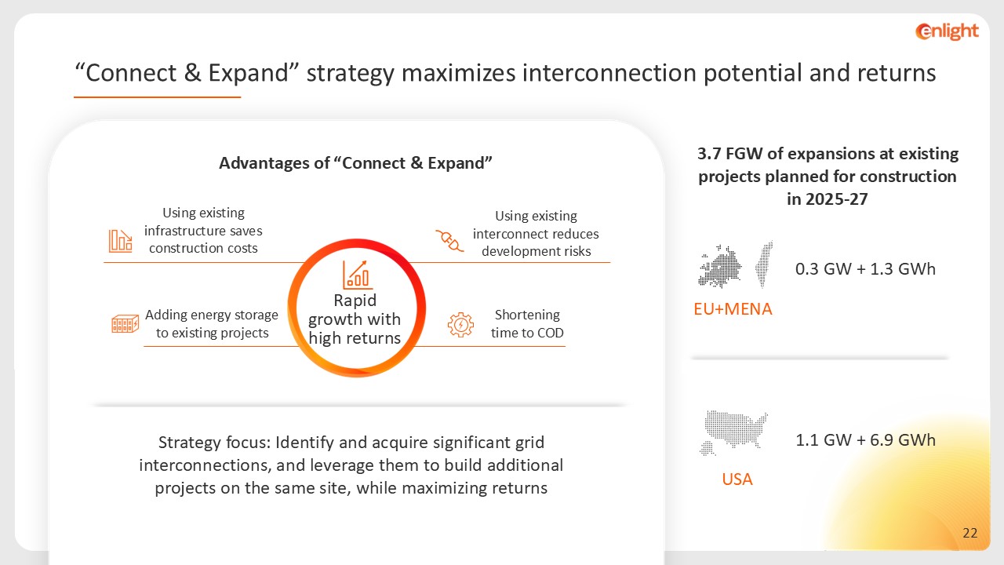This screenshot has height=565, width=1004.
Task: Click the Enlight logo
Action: [947, 31]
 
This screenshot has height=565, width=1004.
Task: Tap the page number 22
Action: [970, 533]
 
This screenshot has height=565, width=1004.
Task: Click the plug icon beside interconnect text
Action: [449, 240]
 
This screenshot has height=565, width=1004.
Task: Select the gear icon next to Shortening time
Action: [460, 325]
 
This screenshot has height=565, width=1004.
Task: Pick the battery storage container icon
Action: [125, 324]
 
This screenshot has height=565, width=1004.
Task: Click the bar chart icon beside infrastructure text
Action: [121, 241]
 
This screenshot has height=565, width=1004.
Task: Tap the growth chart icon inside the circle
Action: [357, 275]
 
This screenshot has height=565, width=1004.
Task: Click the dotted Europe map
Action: [720, 266]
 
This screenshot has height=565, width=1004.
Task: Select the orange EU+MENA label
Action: [733, 309]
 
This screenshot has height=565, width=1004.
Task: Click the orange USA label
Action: [737, 479]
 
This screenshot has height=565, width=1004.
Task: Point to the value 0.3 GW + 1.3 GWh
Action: [865, 269]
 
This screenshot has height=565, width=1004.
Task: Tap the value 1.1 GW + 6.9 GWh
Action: [865, 440]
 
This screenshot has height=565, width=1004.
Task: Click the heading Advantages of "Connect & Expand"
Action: [355, 162]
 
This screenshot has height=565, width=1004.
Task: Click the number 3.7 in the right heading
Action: [708, 154]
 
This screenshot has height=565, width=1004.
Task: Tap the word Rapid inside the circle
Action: [355, 301]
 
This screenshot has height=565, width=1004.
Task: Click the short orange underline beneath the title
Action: [158, 97]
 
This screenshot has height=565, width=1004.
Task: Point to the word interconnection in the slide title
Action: [609, 73]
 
